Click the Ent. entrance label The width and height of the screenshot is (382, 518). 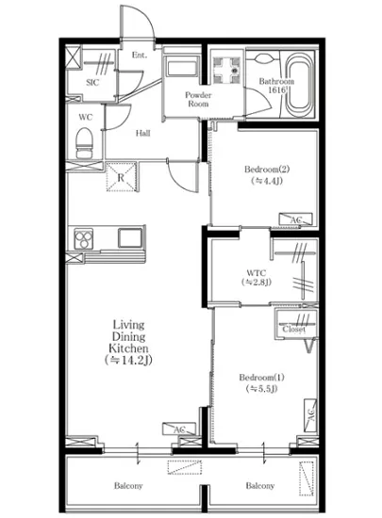tap(140, 56)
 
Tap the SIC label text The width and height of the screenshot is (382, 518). tap(92, 82)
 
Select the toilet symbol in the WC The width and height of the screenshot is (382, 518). tap(83, 145)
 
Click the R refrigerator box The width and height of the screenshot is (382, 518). tap(121, 175)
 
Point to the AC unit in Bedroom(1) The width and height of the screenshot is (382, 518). tap(308, 413)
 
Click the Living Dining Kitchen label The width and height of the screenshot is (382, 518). tap(127, 341)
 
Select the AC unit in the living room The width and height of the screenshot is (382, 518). tap(177, 429)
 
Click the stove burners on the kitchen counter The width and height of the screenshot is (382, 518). tap(78, 238)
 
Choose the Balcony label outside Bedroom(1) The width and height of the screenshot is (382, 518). tap(259, 486)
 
